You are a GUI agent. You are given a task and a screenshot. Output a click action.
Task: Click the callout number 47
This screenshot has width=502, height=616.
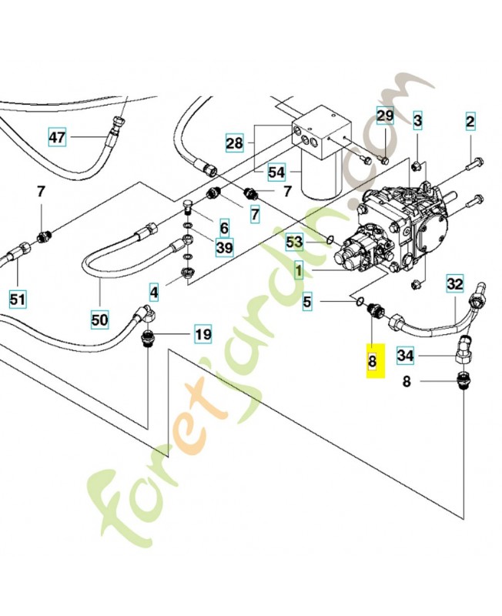point(58,138)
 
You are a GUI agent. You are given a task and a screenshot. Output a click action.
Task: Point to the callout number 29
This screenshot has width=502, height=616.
point(385,115)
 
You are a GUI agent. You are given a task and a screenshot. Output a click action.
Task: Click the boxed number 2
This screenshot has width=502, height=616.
point(470,121)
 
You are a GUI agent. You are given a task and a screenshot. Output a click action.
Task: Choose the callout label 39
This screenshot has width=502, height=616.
point(224,247)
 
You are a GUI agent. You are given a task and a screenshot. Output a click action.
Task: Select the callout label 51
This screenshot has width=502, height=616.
point(19,296)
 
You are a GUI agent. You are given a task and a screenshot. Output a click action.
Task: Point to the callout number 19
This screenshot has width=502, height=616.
point(202,334)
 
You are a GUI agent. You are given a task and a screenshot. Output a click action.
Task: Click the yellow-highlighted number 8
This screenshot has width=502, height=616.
point(373,361)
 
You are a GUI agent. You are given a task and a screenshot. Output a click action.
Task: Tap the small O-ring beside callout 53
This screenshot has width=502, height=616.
point(329,240)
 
